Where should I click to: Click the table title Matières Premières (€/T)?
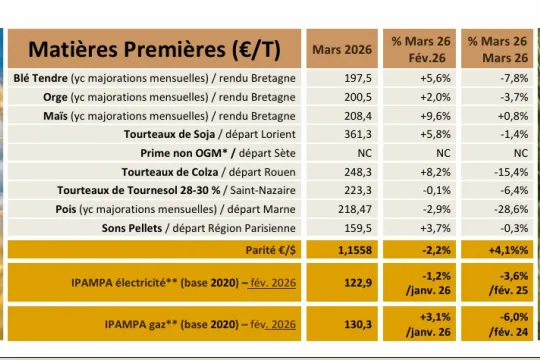point(154,49)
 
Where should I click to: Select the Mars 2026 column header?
point(342,49)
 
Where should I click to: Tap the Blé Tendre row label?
point(156,78)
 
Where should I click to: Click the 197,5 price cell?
point(357,78)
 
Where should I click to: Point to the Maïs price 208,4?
point(357,116)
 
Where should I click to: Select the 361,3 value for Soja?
point(357,134)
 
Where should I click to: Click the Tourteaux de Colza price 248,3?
point(357,172)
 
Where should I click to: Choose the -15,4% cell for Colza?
point(507,172)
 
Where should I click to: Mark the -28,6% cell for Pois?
point(507,209)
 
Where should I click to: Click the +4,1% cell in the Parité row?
point(507,247)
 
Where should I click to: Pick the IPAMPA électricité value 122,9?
point(357,284)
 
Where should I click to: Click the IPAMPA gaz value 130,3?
point(357,324)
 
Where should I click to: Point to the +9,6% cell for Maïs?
point(435,116)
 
